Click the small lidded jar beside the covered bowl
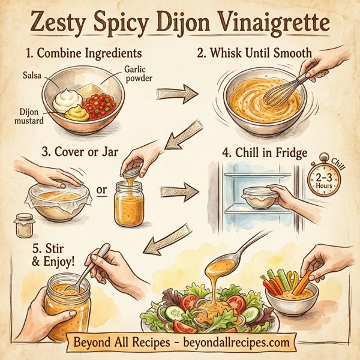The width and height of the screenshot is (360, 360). [25, 226]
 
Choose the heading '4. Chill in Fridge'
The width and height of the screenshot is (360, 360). [265, 152]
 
